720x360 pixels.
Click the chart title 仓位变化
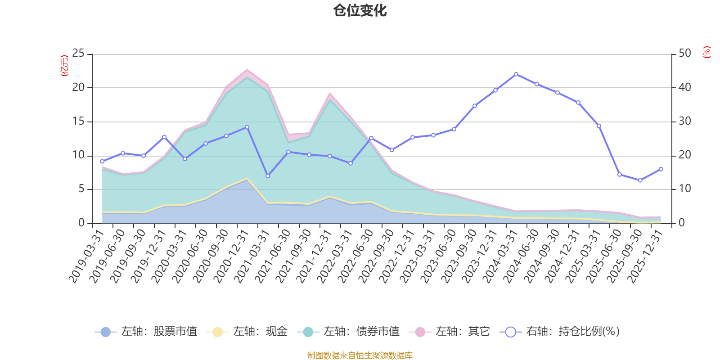(x=360, y=10)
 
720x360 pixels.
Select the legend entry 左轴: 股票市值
(x=146, y=332)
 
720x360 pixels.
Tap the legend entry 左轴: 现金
(x=247, y=332)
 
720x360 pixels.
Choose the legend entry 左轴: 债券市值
(x=348, y=332)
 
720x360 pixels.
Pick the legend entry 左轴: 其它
(x=450, y=332)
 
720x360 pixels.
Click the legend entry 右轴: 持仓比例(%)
(x=560, y=332)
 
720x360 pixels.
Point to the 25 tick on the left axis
(x=78, y=54)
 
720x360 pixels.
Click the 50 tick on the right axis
(x=684, y=54)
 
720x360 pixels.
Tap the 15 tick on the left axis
(x=78, y=121)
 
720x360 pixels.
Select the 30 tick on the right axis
(x=684, y=121)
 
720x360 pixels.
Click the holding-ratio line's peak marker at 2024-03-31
(x=516, y=74)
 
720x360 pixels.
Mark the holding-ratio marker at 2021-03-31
(x=268, y=176)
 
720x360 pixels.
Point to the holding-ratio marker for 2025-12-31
(x=661, y=169)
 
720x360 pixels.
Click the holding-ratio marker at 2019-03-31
(x=102, y=161)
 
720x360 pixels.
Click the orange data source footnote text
(x=360, y=355)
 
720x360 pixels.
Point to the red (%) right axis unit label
(x=707, y=52)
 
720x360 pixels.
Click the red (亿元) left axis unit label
(x=64, y=66)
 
